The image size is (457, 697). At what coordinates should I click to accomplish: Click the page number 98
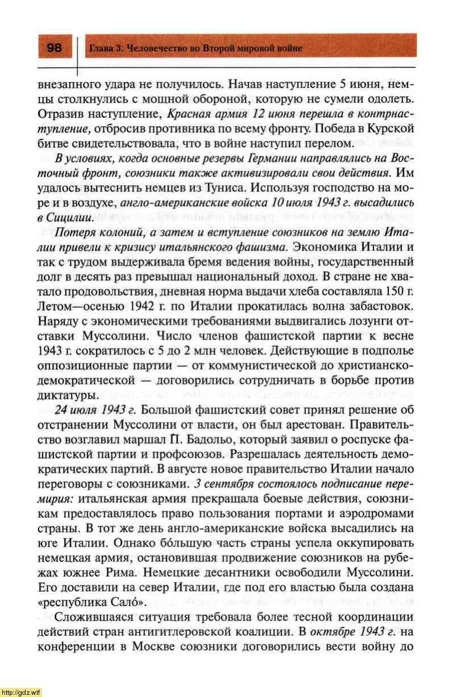(x=54, y=48)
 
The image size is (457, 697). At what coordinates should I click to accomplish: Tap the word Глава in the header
(x=100, y=49)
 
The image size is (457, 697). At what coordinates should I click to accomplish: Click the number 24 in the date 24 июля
(x=61, y=411)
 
